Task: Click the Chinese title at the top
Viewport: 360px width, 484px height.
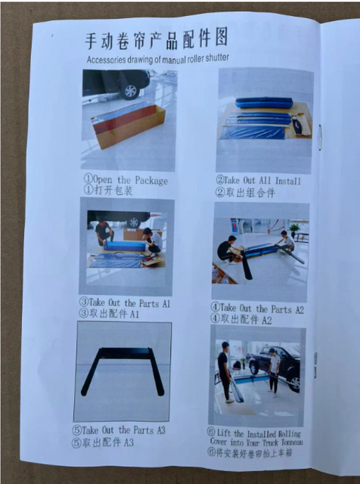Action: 157,39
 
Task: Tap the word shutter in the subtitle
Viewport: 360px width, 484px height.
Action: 217,57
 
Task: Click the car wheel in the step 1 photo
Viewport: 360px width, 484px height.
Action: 130,90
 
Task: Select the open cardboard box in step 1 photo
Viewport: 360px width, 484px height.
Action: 129,125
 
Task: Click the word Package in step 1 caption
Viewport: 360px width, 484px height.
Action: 151,180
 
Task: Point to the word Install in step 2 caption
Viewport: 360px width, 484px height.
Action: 287,181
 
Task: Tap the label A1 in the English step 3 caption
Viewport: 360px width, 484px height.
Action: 166,304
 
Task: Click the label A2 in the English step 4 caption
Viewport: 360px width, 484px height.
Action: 299,309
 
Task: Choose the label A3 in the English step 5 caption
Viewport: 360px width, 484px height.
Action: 161,430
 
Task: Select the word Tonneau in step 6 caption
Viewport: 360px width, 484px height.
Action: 292,442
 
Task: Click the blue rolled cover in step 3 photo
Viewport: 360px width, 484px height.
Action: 125,246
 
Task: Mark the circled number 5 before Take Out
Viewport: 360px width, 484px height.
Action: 76,430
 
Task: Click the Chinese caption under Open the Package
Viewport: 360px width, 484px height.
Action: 108,190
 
